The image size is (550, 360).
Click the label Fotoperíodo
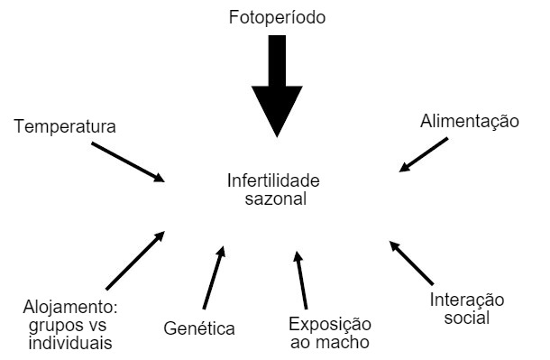(x=277, y=17)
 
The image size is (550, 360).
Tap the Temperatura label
(x=65, y=126)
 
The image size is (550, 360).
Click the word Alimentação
(x=470, y=121)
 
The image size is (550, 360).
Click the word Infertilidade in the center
(x=273, y=180)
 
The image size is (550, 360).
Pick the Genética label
(x=199, y=328)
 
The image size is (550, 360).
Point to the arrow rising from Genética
(x=215, y=277)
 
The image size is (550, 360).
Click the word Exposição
(x=329, y=324)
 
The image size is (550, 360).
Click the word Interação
(x=466, y=300)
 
